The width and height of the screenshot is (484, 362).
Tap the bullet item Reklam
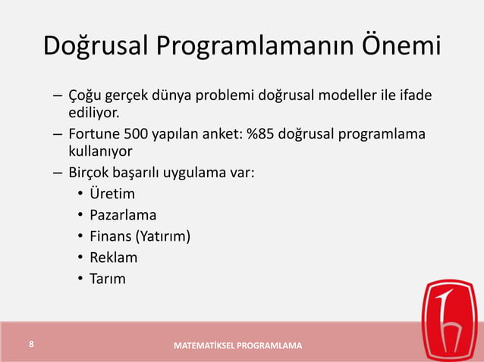click(x=113, y=257)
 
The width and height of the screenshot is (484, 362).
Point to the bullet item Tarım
click(x=108, y=279)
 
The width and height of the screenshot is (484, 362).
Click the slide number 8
click(x=31, y=345)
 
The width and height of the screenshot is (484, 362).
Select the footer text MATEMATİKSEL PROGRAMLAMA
click(x=237, y=346)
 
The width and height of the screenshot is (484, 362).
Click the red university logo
click(x=451, y=319)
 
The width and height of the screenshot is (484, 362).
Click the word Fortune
click(x=96, y=135)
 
